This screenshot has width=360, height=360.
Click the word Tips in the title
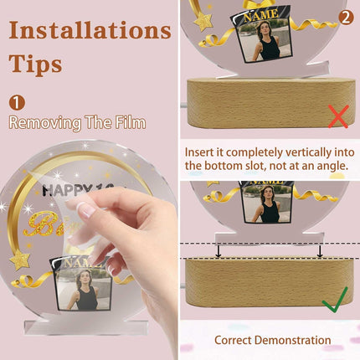coord(35,64)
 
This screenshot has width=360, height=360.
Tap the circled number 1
coord(17,102)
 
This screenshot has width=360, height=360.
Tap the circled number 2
coord(345,16)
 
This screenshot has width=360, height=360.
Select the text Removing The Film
coord(77,123)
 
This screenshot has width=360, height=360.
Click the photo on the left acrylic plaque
coord(84,289)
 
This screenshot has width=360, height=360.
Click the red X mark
coord(337,116)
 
